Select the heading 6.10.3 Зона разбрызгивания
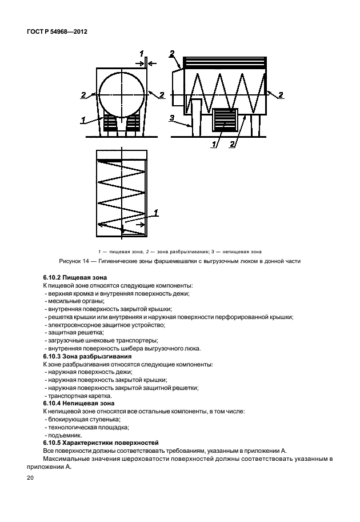83,356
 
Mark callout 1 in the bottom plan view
155,213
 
